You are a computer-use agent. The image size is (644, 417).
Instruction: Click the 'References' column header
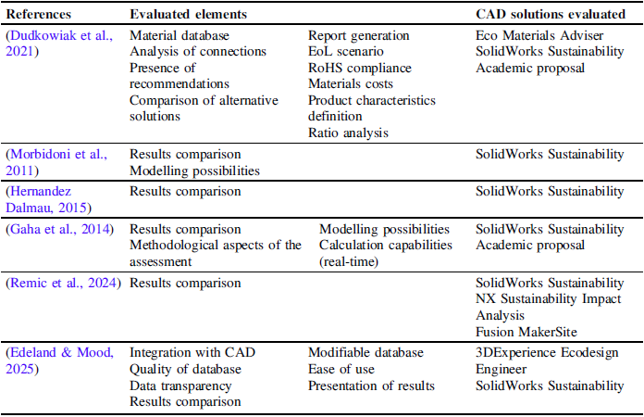click(x=39, y=14)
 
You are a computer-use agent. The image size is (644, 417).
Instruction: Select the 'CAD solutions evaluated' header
click(x=551, y=14)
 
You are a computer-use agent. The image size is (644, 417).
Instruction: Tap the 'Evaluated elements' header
click(x=188, y=14)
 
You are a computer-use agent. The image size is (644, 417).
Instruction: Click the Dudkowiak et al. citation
click(x=59, y=44)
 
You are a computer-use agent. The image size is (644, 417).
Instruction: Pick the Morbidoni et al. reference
click(x=56, y=162)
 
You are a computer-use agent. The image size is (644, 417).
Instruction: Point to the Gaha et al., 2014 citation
click(x=59, y=229)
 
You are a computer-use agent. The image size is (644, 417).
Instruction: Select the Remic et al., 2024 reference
click(x=63, y=283)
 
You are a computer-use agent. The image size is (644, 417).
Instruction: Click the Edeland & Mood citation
click(x=59, y=360)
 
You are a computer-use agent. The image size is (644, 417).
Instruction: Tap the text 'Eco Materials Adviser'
click(x=539, y=35)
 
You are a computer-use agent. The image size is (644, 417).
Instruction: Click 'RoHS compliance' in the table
click(x=360, y=68)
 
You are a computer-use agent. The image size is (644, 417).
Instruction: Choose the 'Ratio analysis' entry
click(x=348, y=133)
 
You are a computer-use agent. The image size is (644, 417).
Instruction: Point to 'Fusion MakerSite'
click(x=526, y=332)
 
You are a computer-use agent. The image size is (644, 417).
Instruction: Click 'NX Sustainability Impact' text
click(x=549, y=299)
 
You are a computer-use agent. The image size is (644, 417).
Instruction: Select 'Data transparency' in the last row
click(x=180, y=385)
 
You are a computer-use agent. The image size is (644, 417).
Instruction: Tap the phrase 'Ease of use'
click(x=341, y=370)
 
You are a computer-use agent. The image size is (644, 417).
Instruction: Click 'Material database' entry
click(x=180, y=35)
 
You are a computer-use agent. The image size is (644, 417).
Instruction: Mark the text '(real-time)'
click(x=349, y=261)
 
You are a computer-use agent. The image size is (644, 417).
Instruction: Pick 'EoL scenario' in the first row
click(x=346, y=51)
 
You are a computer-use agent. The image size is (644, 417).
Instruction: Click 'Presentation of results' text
click(x=371, y=385)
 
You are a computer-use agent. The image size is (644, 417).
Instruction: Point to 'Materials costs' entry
click(x=351, y=84)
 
